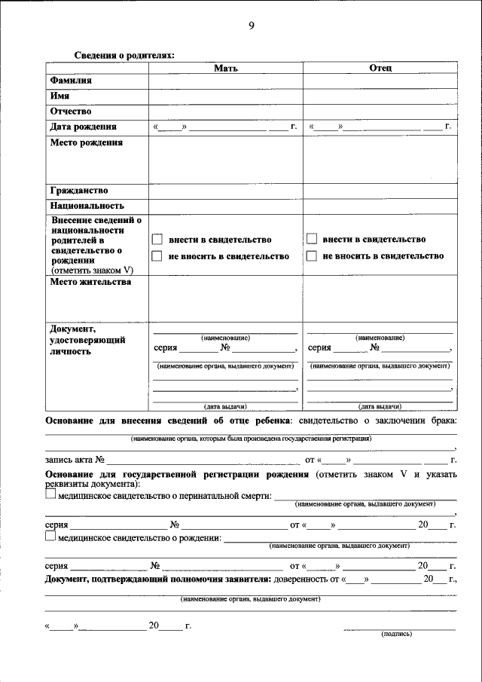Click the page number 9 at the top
point(252,26)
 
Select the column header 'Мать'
point(226,68)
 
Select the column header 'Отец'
point(380,68)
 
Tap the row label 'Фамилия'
point(71,81)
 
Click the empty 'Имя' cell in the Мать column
point(226,96)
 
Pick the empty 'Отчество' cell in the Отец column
point(380,112)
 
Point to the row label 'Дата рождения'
point(83,127)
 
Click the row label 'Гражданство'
point(79,190)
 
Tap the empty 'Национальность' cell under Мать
point(226,206)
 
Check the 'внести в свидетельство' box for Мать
point(157,240)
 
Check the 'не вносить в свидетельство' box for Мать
point(157,256)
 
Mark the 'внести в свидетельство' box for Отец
point(312,240)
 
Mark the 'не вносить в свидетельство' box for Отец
point(312,256)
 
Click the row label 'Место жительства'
point(90,283)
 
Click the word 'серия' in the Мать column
point(166,348)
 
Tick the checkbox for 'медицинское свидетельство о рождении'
point(50,537)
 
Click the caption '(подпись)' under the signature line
point(398,634)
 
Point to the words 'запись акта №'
point(75,459)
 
